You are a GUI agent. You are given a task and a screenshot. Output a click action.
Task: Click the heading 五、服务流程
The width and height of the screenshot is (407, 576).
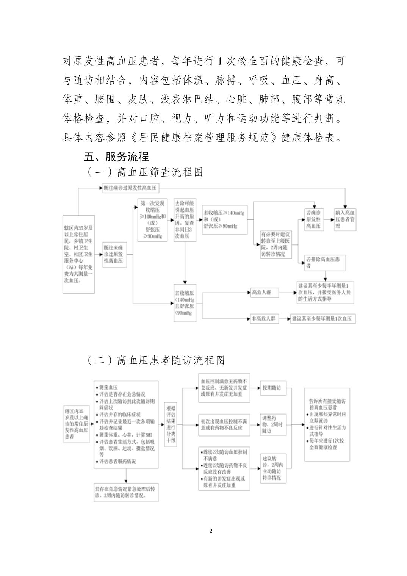click(116, 157)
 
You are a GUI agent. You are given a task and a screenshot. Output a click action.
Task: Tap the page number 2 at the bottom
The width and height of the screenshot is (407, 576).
click(211, 531)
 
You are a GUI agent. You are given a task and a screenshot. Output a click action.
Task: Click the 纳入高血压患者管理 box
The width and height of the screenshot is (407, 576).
click(345, 220)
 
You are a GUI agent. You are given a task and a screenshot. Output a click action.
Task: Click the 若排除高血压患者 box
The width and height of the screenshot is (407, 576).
click(325, 263)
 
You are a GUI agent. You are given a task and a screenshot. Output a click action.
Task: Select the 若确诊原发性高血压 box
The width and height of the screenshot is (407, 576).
click(314, 220)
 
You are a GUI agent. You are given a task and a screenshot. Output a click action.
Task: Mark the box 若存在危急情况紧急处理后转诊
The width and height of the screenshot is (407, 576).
click(126, 492)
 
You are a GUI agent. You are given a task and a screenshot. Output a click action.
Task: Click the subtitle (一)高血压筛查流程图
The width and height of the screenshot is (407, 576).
click(145, 172)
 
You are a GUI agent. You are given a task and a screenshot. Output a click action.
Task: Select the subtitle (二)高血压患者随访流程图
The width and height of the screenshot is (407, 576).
click(156, 360)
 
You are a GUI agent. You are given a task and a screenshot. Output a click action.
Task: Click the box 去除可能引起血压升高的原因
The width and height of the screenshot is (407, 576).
click(185, 220)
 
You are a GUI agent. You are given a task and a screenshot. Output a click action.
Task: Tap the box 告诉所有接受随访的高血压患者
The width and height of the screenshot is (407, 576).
click(327, 424)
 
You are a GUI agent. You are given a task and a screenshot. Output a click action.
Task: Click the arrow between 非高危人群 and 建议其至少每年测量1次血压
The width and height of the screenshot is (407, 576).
click(283, 319)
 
